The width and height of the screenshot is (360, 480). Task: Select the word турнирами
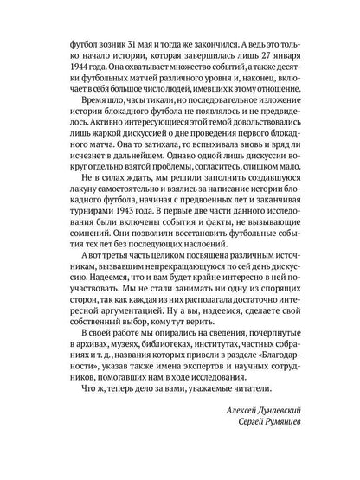[83, 231]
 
